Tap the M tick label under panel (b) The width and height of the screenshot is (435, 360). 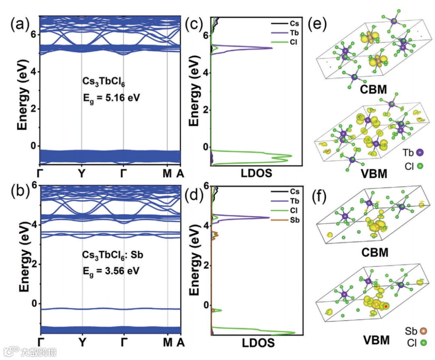tap(168, 343)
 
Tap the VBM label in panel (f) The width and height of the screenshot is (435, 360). tap(375, 340)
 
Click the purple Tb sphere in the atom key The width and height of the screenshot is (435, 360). tap(420, 153)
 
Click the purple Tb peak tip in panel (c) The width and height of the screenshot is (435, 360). tap(272, 48)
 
